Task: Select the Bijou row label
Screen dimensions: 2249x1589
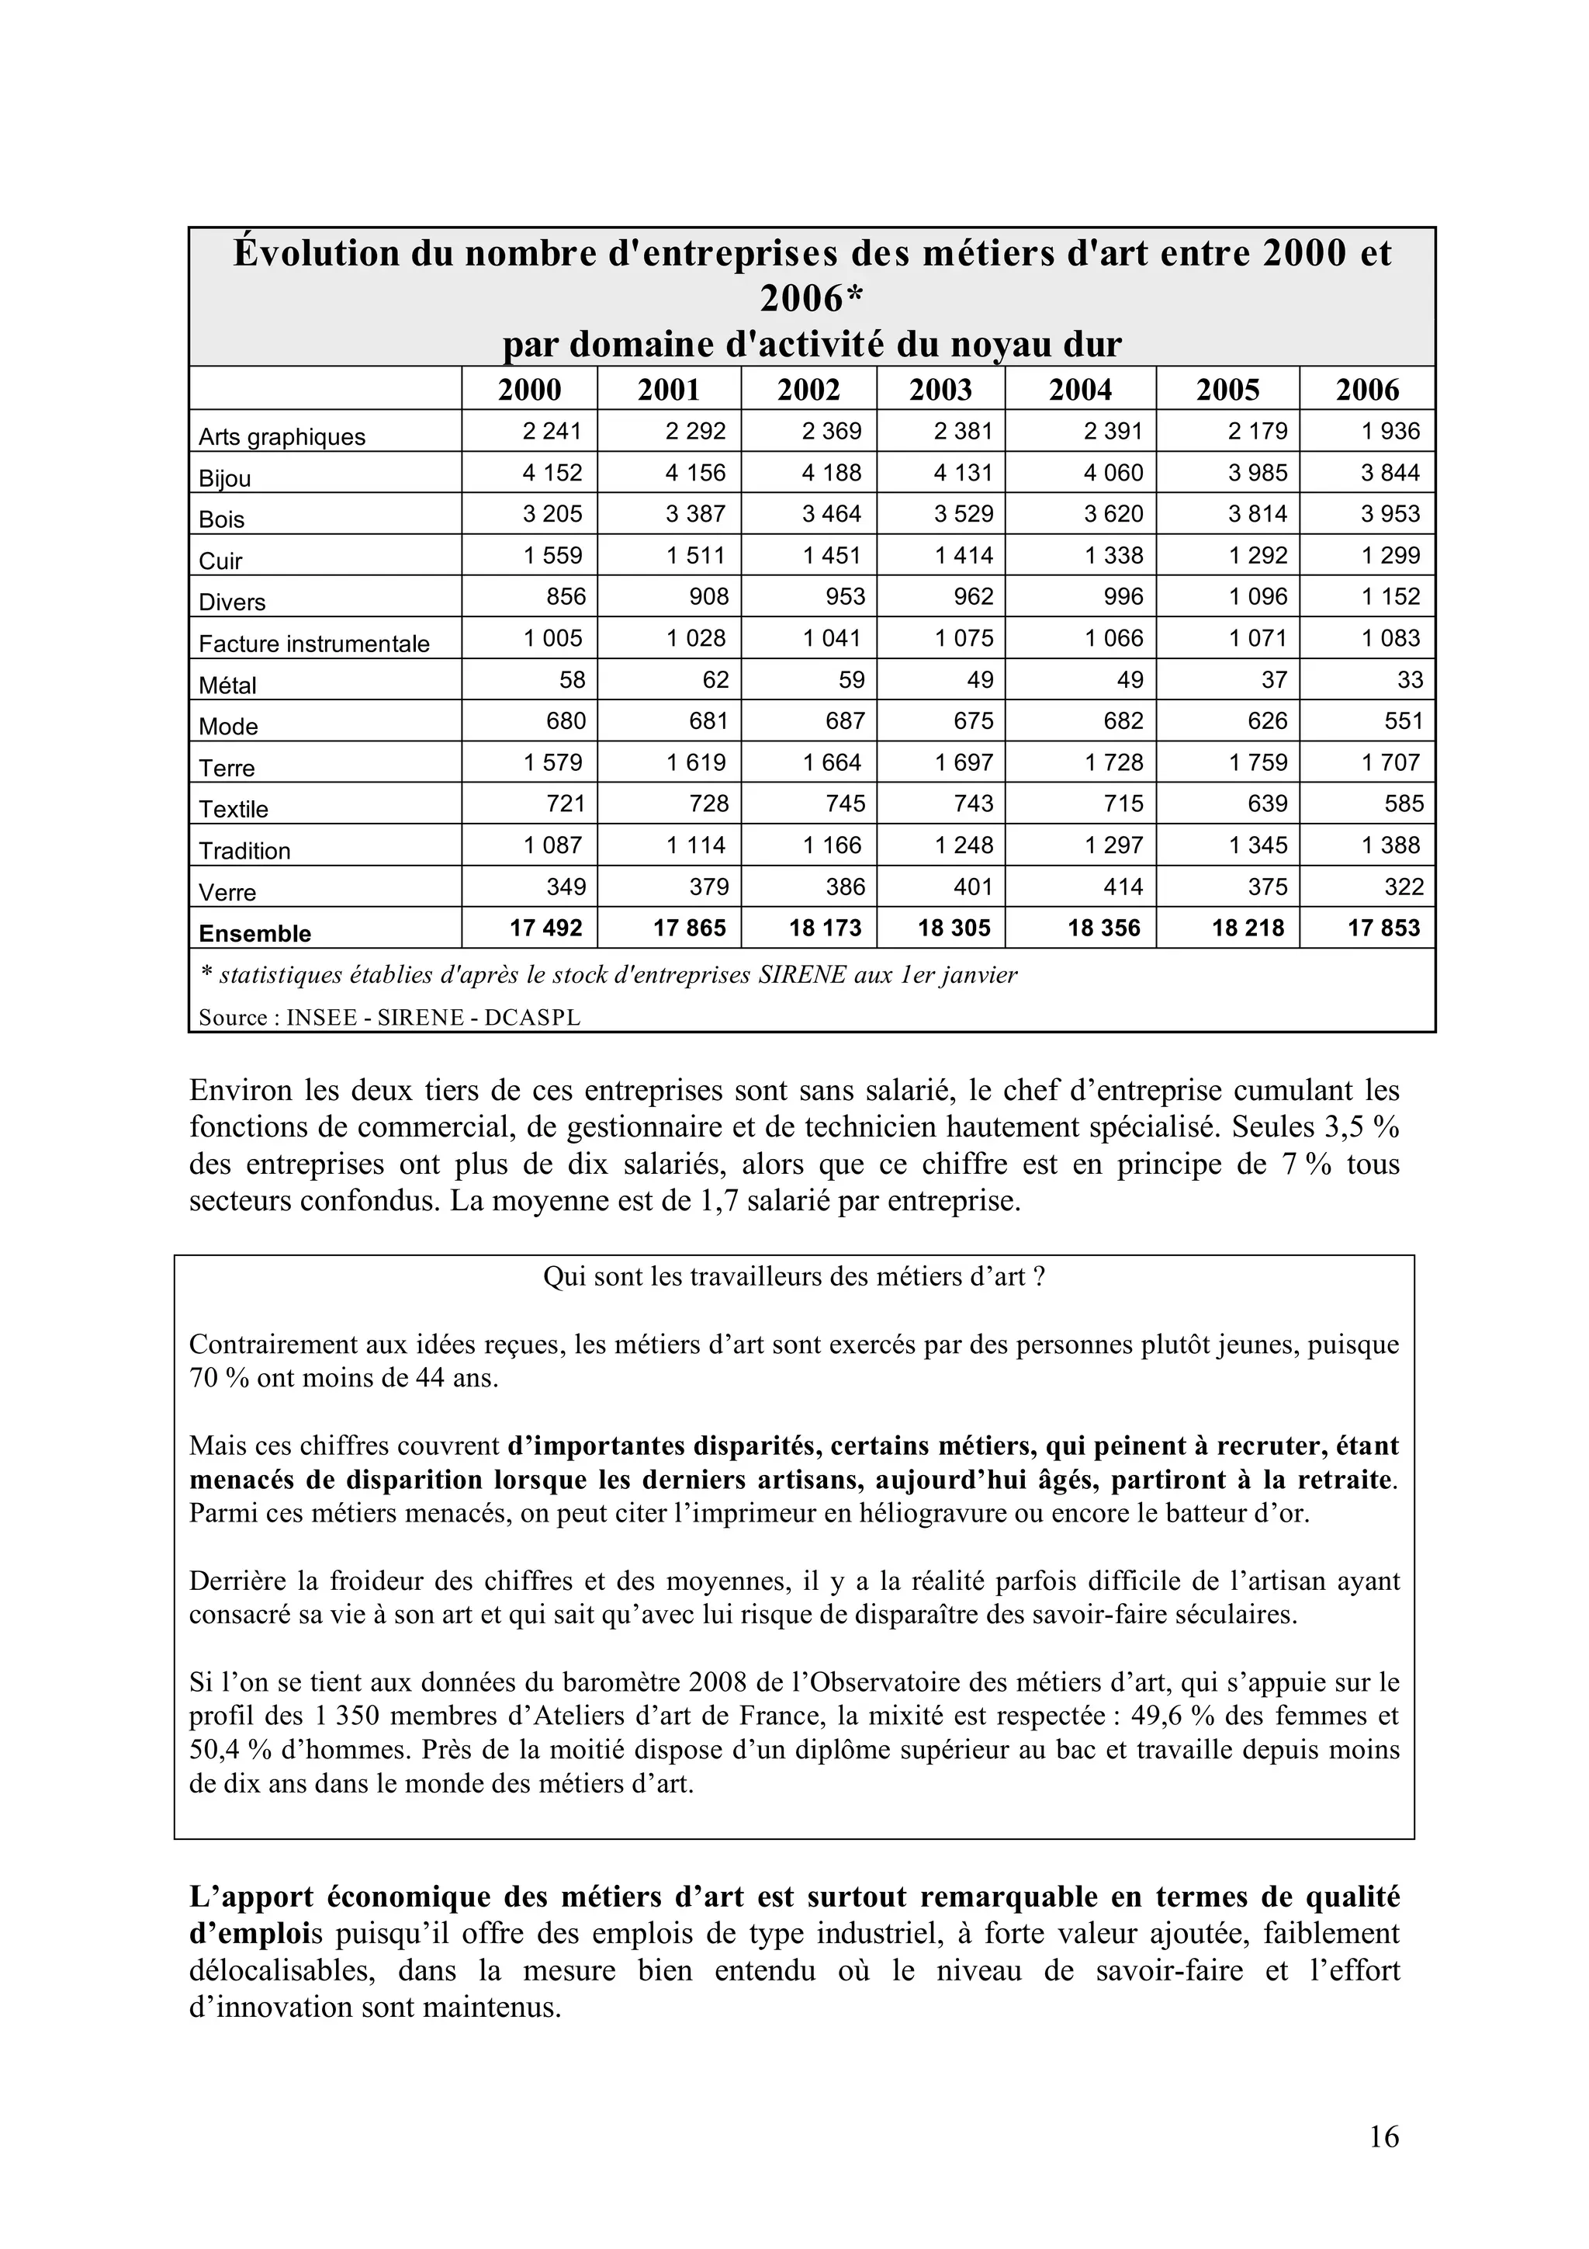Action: [x=225, y=478]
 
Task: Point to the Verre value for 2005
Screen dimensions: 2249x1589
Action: [x=1267, y=887]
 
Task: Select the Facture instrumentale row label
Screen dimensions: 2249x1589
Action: [x=313, y=644]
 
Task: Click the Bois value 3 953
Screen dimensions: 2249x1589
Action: [x=1390, y=514]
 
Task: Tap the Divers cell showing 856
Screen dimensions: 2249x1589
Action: [x=566, y=596]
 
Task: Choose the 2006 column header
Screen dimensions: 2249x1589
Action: [x=1367, y=390]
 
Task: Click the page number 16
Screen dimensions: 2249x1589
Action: [x=1383, y=2136]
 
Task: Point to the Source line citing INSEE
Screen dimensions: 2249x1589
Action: [x=389, y=1018]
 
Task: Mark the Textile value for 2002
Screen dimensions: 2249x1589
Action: [x=845, y=804]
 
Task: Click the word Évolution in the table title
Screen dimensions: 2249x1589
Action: [x=317, y=255]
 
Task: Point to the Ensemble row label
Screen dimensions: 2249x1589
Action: [x=254, y=933]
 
